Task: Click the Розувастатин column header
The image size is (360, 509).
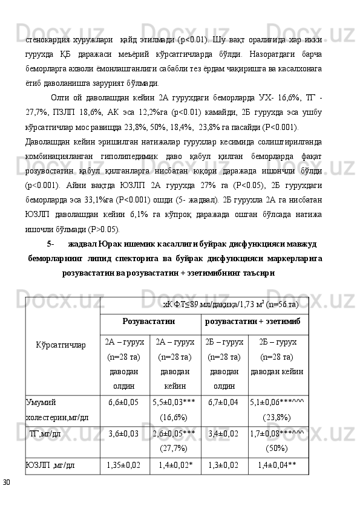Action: point(149,319)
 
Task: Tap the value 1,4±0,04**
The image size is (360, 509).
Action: point(277,465)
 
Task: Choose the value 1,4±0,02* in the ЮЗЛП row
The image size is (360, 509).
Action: point(175,465)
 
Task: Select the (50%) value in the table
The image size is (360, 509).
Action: point(277,448)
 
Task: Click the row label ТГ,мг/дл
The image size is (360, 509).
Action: point(45,433)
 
